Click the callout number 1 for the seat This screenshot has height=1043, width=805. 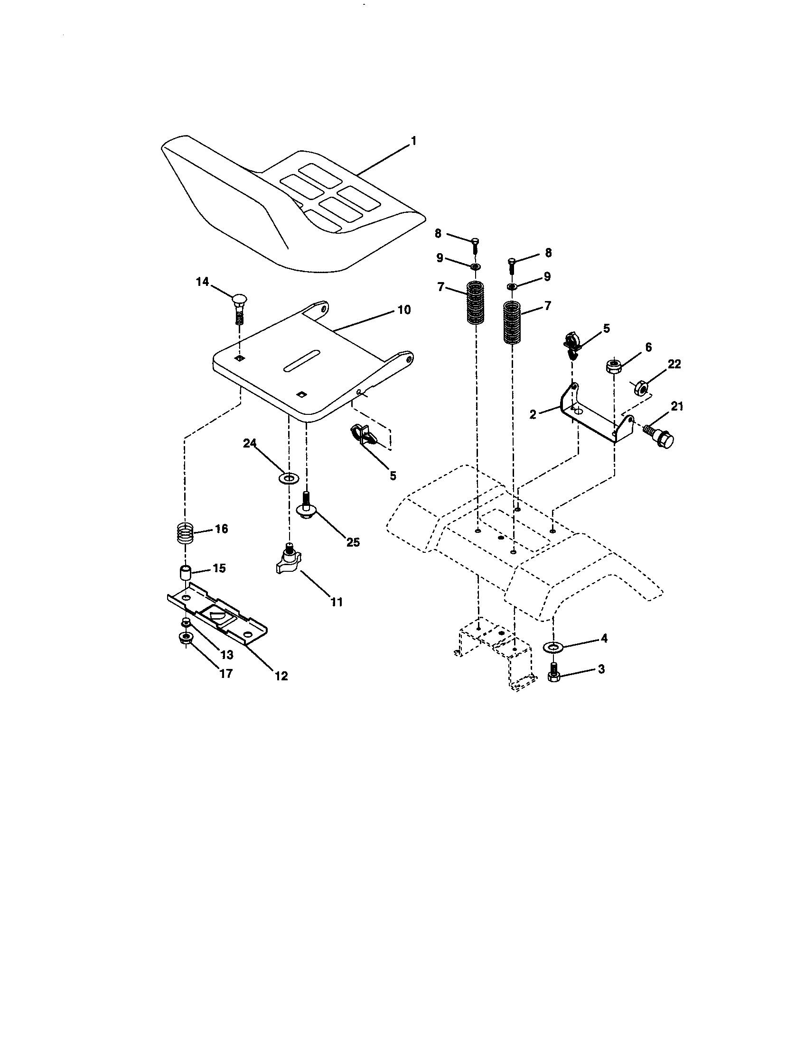coord(414,141)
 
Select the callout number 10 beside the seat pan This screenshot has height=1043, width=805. coord(404,310)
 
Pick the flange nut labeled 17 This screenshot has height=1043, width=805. coord(186,638)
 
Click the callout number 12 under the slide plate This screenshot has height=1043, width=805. coord(281,676)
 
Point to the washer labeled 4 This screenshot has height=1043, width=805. coord(553,647)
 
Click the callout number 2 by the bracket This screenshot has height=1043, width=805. coord(534,414)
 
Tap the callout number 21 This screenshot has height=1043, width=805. coord(677,406)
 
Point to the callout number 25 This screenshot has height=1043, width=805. coord(353,542)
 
